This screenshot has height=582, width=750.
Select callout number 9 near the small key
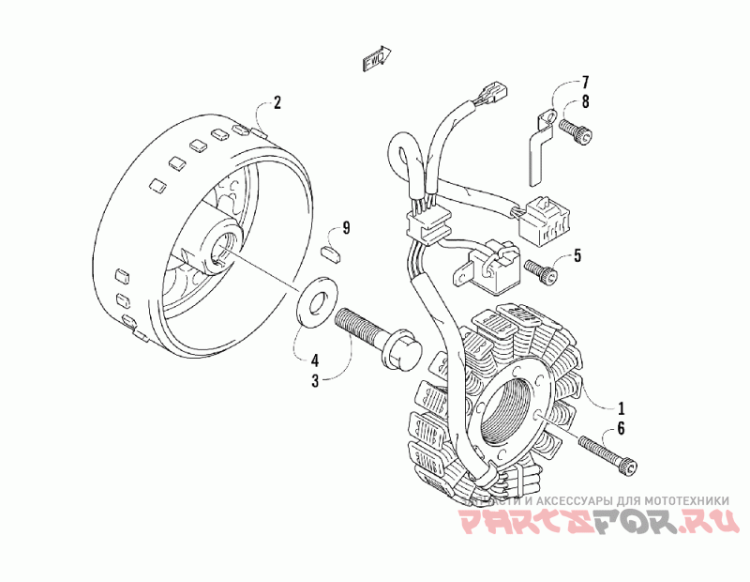[x=346, y=228]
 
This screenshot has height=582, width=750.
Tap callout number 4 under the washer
[x=315, y=359]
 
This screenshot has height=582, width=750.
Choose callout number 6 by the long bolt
[x=619, y=431]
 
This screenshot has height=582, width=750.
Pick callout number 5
[x=577, y=255]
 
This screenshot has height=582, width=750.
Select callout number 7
[x=584, y=82]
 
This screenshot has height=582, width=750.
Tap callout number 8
[x=584, y=102]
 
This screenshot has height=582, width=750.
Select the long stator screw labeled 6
[x=610, y=454]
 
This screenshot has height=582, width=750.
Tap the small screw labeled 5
[x=541, y=269]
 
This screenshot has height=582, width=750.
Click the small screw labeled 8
[x=575, y=131]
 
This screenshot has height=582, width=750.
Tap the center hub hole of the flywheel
[x=225, y=249]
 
